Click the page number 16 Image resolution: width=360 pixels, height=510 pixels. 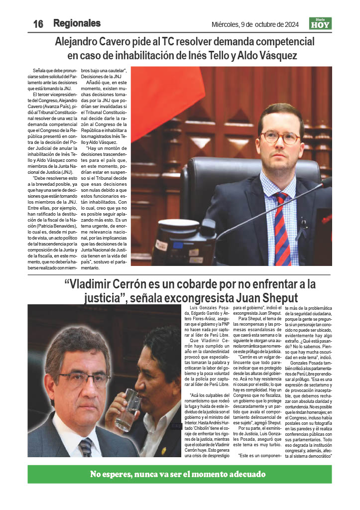[38, 24]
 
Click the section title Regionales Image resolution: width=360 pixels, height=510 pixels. [77, 23]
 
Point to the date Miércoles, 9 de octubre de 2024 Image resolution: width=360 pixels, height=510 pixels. [255, 24]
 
